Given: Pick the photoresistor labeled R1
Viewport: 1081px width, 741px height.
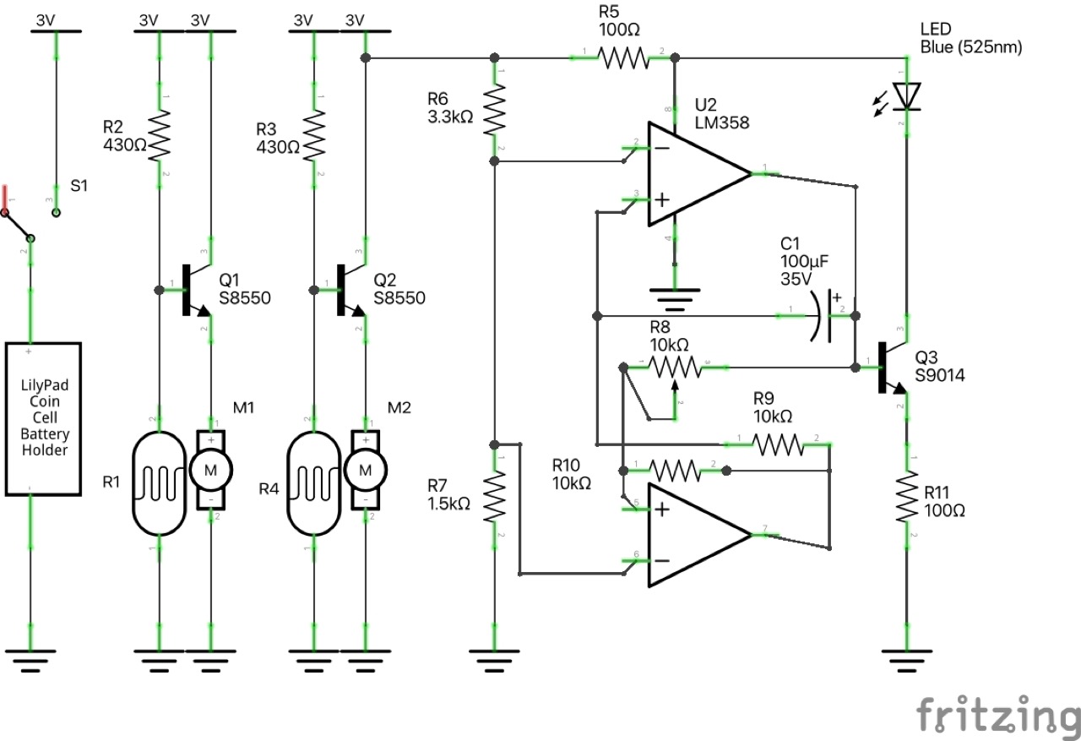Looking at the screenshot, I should tap(160, 482).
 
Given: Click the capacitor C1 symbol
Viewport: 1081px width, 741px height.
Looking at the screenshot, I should tap(823, 316).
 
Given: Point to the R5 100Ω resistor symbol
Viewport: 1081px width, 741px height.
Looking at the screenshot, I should tap(623, 57).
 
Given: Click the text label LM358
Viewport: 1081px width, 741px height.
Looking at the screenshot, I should tap(721, 123).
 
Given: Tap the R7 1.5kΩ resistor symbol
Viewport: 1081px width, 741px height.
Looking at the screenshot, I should tap(495, 496).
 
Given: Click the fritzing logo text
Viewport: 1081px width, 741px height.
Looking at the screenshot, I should tap(997, 715).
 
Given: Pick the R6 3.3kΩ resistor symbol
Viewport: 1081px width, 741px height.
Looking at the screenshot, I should tap(495, 114).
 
